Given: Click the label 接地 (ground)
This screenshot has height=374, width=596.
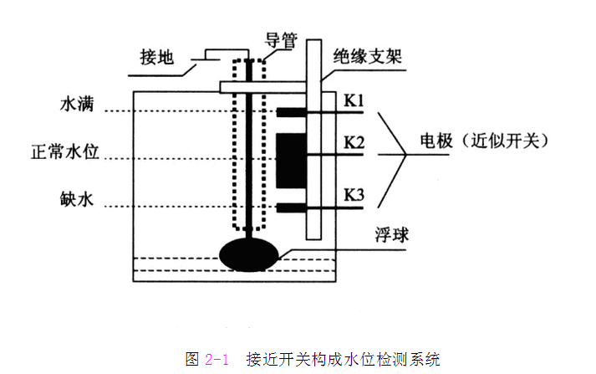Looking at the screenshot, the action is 157,58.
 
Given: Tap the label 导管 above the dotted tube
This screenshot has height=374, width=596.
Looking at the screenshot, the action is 281,40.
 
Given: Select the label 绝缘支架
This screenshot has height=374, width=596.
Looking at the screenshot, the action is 368,56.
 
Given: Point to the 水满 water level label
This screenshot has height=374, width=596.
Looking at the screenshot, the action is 77,104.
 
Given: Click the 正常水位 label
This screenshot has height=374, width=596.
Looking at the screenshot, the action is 65,151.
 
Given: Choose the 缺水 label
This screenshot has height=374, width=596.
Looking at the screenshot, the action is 77,199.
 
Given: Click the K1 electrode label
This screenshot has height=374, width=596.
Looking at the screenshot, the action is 354,100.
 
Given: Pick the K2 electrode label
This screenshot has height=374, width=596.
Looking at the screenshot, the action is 354,143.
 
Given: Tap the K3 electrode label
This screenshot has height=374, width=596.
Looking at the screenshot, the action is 354,195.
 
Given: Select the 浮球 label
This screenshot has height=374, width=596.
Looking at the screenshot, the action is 392,234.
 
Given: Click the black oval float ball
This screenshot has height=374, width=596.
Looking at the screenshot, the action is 249,255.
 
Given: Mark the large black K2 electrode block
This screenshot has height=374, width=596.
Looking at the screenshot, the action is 291,161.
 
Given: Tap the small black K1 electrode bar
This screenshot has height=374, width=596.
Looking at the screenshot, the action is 291,112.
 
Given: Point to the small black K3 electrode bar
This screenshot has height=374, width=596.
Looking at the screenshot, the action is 291,207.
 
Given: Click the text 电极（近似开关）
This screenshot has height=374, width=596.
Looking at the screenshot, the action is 485,141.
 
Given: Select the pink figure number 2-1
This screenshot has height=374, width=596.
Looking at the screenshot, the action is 216,359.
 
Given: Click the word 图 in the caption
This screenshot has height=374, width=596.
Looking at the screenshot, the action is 192,359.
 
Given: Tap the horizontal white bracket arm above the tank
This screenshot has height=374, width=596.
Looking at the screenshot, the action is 263,87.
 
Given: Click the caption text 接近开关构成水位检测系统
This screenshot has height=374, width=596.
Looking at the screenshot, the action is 344,359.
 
